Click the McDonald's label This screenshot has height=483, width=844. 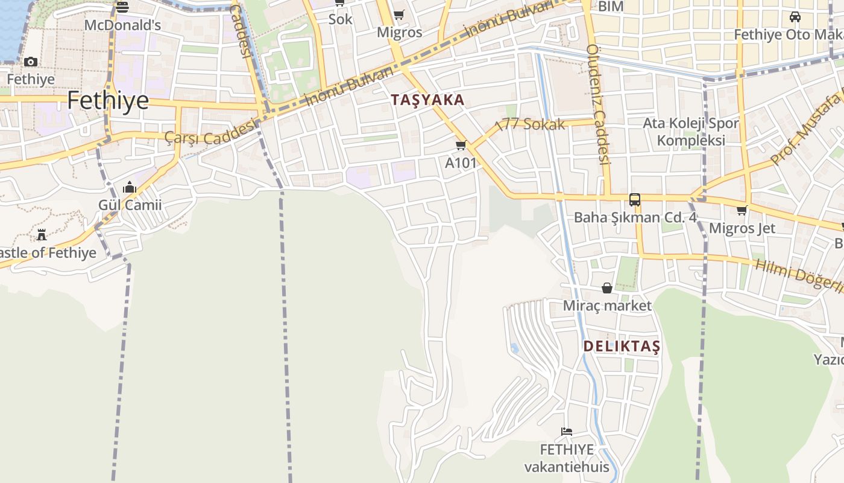coord(122,25)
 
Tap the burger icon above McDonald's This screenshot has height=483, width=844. coord(122,7)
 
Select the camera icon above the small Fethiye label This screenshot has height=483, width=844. coord(31,62)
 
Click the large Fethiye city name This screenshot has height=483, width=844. coord(108,100)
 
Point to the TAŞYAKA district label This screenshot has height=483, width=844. coord(427,100)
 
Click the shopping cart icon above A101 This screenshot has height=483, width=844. coord(461,145)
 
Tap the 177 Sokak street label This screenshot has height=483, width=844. coord(530,125)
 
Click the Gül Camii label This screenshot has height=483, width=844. coord(130,205)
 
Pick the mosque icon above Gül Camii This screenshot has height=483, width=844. coord(130,188)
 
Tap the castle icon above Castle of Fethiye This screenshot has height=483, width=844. coord(42,234)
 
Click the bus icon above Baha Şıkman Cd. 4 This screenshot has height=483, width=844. coord(635,199)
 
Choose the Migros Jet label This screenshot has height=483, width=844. coord(742,228)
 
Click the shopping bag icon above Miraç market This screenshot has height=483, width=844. coord(607,288)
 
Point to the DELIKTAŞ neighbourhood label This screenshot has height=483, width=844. coord(622,347)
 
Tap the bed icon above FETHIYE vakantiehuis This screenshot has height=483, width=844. coord(566,432)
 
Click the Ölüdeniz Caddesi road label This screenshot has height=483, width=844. coord(599,104)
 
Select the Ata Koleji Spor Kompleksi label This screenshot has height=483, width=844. coord(691,132)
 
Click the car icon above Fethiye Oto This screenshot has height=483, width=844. coord(795,17)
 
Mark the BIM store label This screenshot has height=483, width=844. coord(611,7)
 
